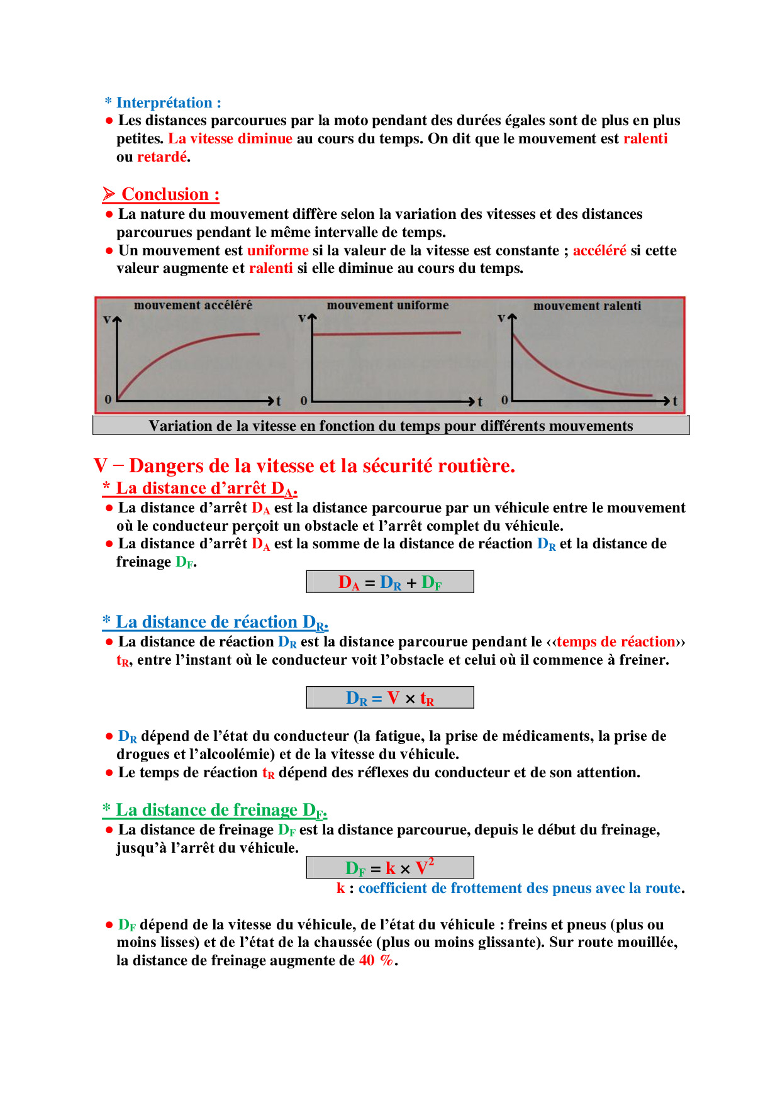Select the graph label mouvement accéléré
[192, 305]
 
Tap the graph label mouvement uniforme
[387, 305]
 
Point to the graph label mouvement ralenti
[587, 306]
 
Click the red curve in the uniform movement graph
[387, 333]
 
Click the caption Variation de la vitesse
[391, 426]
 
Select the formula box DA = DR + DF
[390, 582]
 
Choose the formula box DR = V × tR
[390, 698]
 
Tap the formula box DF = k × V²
[390, 868]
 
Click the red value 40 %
[376, 960]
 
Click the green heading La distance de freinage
[215, 810]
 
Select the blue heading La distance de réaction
[216, 622]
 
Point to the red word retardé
[162, 157]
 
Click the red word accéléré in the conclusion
[599, 250]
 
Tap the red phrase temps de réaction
[616, 641]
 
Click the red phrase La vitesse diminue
[230, 138]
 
